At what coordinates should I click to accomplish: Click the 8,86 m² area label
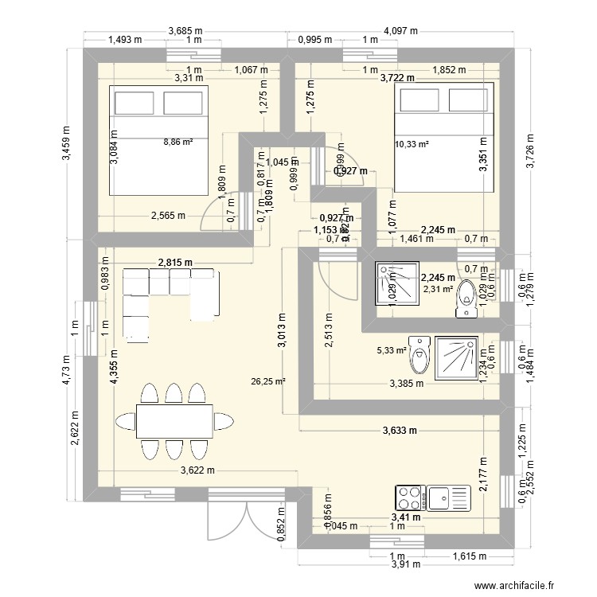pos(179,142)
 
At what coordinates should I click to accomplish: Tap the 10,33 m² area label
pos(412,144)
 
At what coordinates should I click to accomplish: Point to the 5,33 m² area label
pos(392,349)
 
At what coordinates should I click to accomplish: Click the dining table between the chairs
pos(174,421)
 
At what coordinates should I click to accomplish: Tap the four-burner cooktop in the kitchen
pos(410,497)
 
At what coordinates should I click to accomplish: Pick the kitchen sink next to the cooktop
pos(451,497)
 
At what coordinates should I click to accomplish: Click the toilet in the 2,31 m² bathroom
pos(467,298)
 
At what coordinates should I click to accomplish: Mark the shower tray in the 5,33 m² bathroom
pos(455,357)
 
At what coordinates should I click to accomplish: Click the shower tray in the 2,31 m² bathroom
pos(391,283)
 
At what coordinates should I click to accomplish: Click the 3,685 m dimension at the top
pos(185,31)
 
